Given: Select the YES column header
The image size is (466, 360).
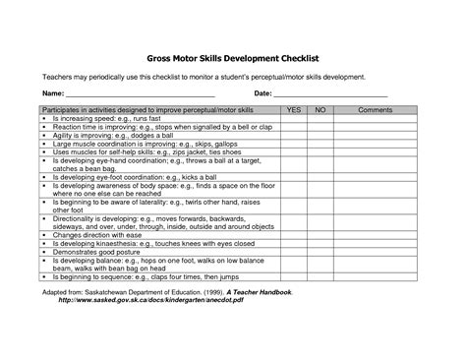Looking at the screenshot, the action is [x=292, y=111].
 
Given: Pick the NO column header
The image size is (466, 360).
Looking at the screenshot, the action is [x=320, y=111].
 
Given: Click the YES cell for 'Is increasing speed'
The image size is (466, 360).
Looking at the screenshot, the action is [x=292, y=118].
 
